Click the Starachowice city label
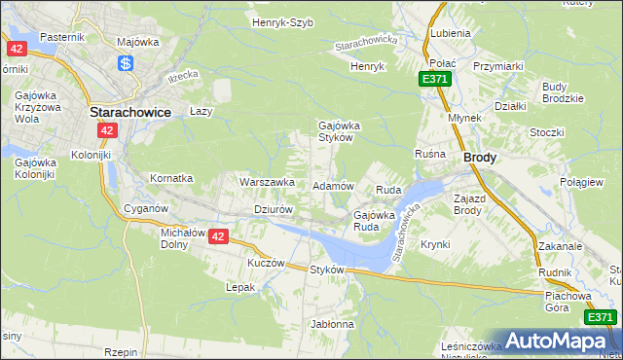click(130, 112)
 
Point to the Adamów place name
click(331, 185)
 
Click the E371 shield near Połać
click(435, 79)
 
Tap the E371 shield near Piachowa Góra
click(600, 317)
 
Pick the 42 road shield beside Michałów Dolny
click(218, 236)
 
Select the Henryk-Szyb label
click(282, 21)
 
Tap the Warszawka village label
click(267, 181)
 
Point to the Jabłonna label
click(333, 323)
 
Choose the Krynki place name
click(435, 244)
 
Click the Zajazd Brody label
click(468, 204)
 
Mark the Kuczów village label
click(266, 263)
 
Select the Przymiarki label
click(498, 66)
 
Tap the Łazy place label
click(201, 112)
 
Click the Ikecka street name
click(182, 75)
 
